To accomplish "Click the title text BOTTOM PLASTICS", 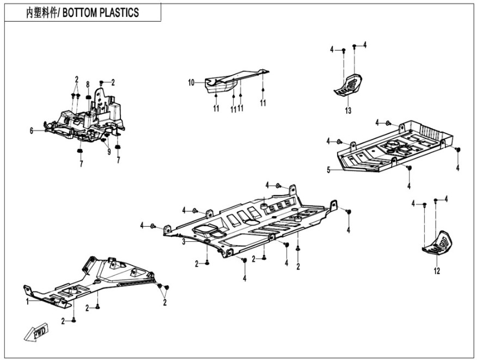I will click(101, 13).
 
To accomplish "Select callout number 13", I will click(348, 110).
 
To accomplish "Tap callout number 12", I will click(436, 270).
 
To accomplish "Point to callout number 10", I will click(191, 83).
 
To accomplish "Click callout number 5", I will click(328, 170).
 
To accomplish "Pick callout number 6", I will click(32, 131).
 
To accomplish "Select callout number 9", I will click(108, 151).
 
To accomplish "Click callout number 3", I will click(184, 241).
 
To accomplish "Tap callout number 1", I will click(27, 301).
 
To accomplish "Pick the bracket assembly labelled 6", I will click(87, 117).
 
